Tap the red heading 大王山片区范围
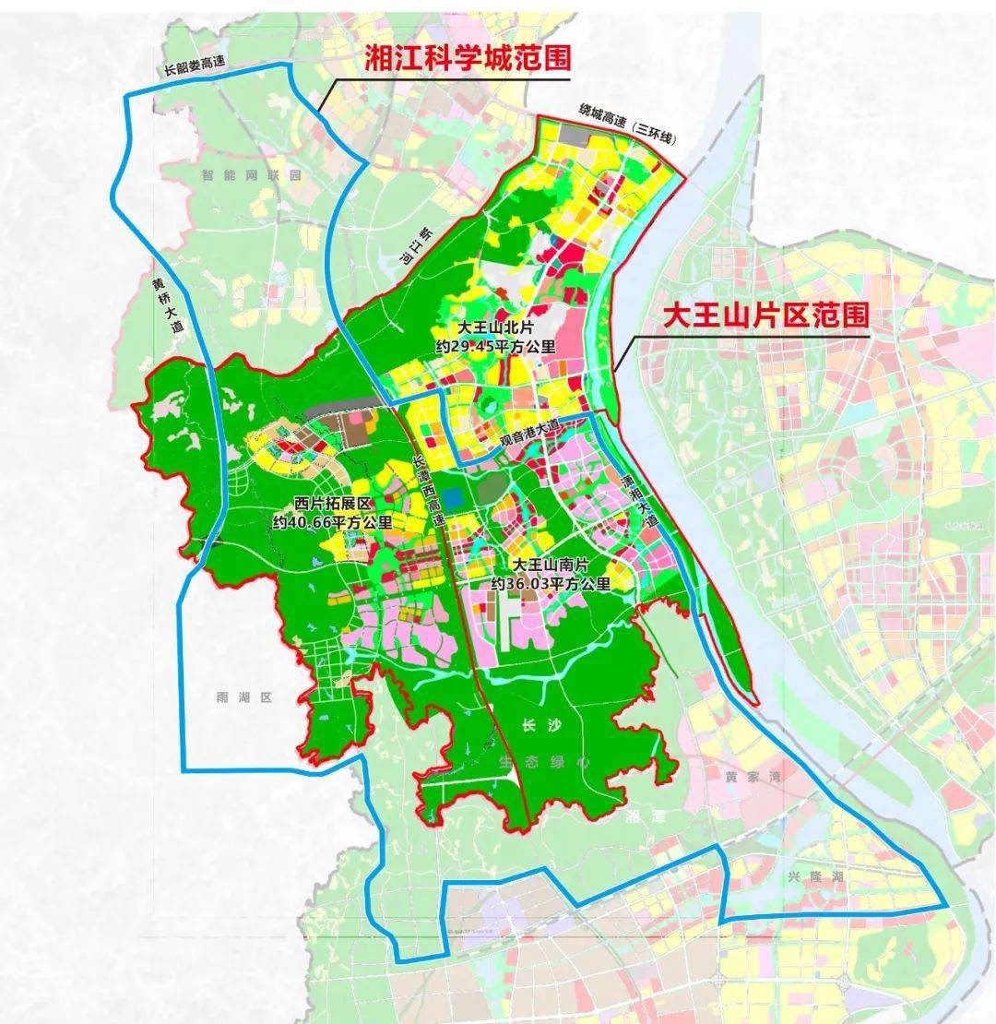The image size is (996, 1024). pos(766,316)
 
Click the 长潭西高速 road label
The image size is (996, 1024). pos(429,490)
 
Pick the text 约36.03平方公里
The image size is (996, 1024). pos(551,583)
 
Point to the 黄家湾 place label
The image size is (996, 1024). pos(753,777)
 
